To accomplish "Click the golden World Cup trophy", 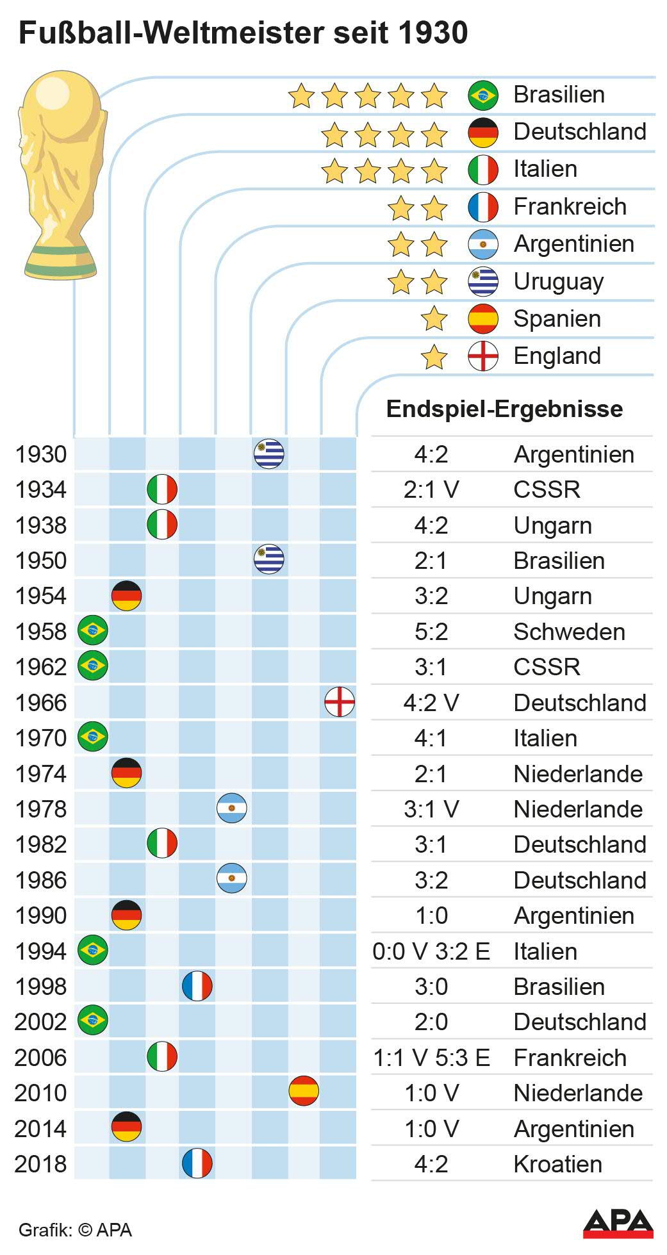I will point(61,173).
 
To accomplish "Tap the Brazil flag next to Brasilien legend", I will point(483,95).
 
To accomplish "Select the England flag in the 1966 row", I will point(340,701).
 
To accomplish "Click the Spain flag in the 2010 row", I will point(304,1092).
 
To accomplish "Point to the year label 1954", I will point(40,596).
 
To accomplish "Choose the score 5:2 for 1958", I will point(431,632).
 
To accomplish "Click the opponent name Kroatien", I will point(557,1164).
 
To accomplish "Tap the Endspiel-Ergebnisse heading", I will point(504,409).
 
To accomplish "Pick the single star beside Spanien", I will point(434,319).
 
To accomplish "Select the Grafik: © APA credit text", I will point(75,1230).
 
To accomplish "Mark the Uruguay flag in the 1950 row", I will point(269,559).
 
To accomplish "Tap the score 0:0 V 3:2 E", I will point(431,951).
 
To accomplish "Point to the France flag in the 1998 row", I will point(197,986).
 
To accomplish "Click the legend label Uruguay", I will point(558,282).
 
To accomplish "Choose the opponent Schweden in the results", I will point(569,632).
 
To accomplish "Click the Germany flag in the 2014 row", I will point(127,1128).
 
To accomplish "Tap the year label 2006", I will point(40,1058).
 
